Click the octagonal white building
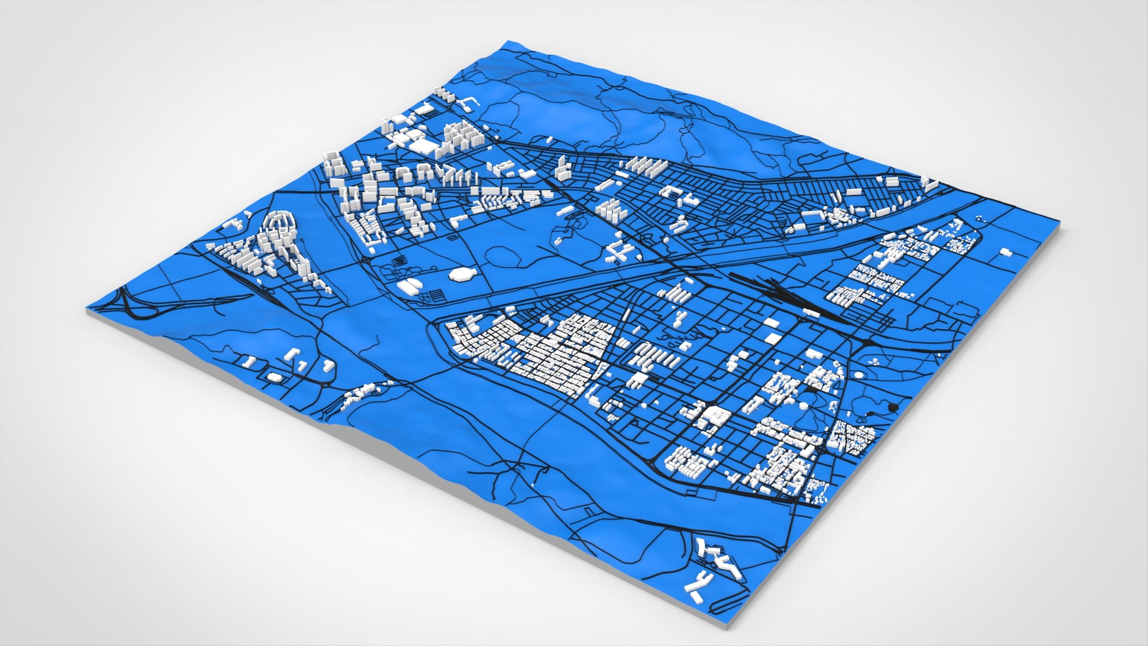click(461, 274)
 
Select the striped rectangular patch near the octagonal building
click(437, 295)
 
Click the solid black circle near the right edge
click(894, 407)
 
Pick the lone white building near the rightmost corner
click(1006, 253)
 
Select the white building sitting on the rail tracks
click(811, 312)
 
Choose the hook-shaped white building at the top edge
click(468, 103)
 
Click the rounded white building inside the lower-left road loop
click(274, 377)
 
